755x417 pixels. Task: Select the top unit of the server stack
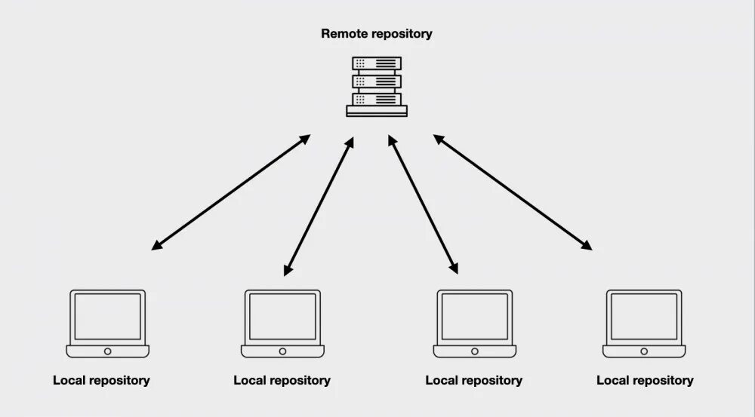[x=377, y=63]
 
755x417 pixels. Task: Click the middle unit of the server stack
[x=377, y=81]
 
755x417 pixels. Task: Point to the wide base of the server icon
[x=377, y=111]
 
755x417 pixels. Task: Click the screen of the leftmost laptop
[x=108, y=317]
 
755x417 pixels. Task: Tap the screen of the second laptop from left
[x=282, y=317]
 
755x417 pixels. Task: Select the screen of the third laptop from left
[x=475, y=317]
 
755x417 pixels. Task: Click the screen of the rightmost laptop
[x=644, y=317]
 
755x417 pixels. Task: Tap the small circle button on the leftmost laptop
[x=108, y=351]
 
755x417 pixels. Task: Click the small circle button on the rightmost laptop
[x=644, y=351]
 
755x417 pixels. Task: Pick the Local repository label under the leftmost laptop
[x=101, y=381]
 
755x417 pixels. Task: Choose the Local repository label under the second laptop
[x=282, y=381]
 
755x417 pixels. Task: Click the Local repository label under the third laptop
[x=474, y=381]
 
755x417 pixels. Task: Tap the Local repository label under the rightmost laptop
[x=645, y=381]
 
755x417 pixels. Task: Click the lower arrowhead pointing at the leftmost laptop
[x=157, y=245]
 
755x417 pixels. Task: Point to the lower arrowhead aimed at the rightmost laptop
[x=587, y=245]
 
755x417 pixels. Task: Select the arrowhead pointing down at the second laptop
[x=288, y=270]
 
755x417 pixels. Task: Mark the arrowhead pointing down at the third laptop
[x=454, y=268]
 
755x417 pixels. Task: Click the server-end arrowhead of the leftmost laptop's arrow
[x=305, y=139]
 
